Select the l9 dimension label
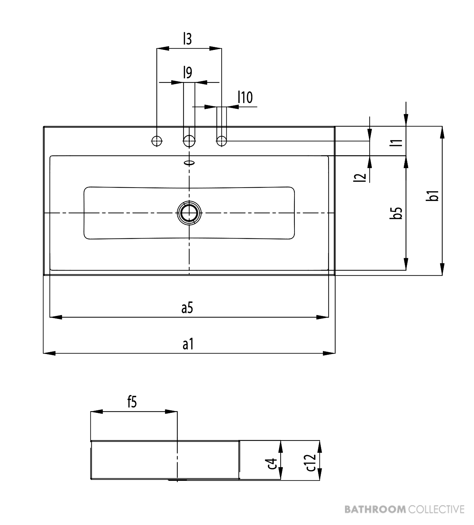[188, 72]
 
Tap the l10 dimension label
[245, 97]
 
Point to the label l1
[396, 143]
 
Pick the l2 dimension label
[360, 178]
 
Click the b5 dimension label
[396, 213]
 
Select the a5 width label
[187, 308]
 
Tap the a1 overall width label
[188, 344]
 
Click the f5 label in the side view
[132, 402]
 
